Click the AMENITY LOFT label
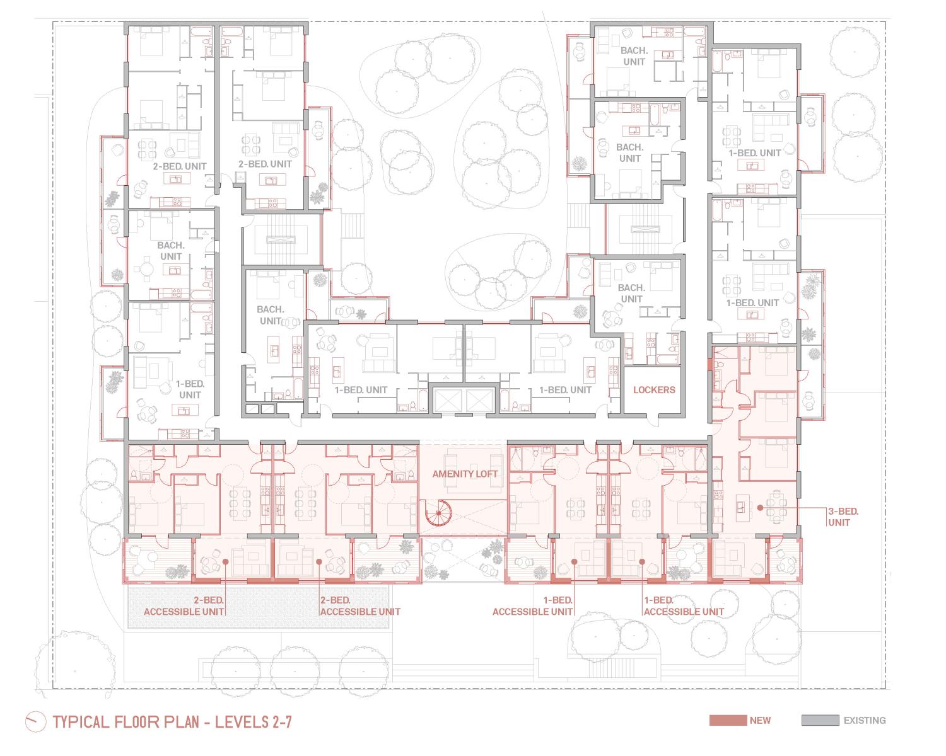pos(464,474)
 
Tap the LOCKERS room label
pos(654,390)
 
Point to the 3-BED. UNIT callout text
pos(839,517)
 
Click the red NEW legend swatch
pos(728,720)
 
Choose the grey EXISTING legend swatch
pos(820,720)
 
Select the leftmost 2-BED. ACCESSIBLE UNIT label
pos(184,606)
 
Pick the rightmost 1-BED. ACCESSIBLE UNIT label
pos(684,606)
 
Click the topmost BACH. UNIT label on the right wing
pos(634,56)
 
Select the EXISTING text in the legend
pos(865,721)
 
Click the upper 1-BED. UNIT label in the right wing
pos(754,153)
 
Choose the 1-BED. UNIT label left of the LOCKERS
pos(565,390)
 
